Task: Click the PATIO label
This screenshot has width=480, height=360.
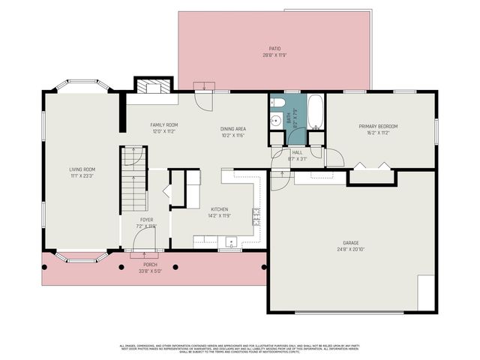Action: pyautogui.click(x=274, y=49)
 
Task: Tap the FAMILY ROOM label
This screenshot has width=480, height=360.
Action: pyautogui.click(x=163, y=124)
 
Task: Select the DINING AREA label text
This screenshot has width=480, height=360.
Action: pyautogui.click(x=233, y=128)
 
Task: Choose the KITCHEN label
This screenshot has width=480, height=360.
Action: pyautogui.click(x=219, y=209)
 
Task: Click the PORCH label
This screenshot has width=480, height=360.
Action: pyautogui.click(x=150, y=265)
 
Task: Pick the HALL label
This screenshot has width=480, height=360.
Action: pyautogui.click(x=297, y=152)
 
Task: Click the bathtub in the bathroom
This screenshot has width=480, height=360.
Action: pyautogui.click(x=316, y=111)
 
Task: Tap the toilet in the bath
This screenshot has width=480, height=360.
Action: pyautogui.click(x=277, y=103)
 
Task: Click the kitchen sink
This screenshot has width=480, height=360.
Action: pyautogui.click(x=231, y=242)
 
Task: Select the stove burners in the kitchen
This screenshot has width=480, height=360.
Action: pyautogui.click(x=256, y=217)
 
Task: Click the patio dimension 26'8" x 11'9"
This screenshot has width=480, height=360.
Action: pyautogui.click(x=274, y=55)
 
